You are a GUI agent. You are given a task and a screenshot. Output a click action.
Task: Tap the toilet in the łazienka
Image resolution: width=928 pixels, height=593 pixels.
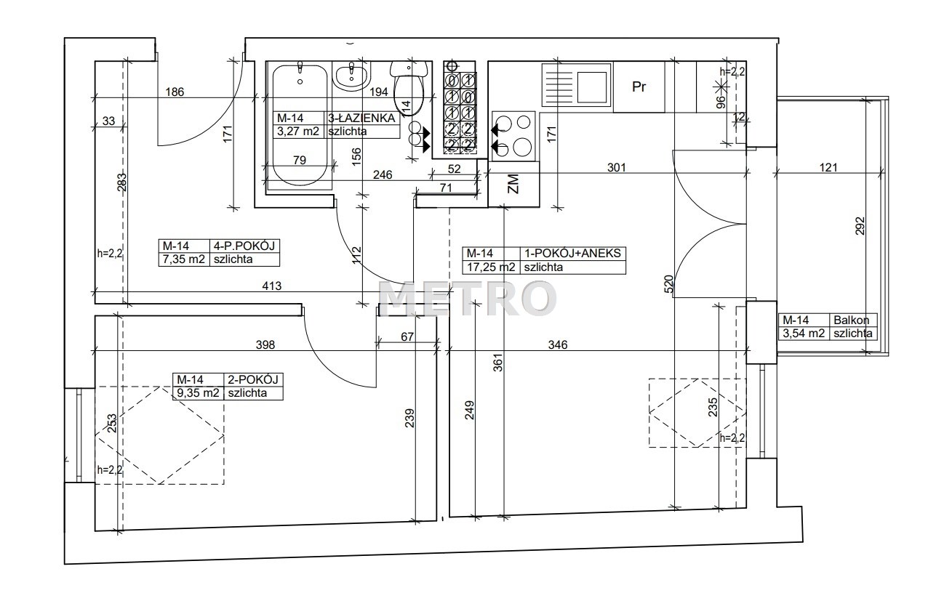[409, 87]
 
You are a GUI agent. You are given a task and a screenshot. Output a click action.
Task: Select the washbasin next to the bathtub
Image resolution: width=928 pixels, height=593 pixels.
[351, 76]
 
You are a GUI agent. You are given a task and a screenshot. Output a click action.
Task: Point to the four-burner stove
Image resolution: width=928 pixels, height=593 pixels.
[513, 136]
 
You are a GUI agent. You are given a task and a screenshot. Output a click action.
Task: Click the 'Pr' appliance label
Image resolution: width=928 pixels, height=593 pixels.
[639, 86]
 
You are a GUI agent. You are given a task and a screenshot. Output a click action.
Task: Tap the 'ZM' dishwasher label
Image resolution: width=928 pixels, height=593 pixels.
[513, 184]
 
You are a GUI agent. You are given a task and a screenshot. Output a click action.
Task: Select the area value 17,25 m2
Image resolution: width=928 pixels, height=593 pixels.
[492, 267]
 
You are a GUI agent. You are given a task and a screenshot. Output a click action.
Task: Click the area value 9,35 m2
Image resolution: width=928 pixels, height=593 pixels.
[198, 392]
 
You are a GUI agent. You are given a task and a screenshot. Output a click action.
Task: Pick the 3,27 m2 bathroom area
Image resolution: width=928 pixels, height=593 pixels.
[298, 132]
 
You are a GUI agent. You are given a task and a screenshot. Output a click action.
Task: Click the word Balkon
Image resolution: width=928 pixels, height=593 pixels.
[852, 320]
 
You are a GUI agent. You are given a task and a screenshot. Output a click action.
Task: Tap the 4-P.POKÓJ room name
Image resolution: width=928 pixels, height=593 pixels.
[244, 246]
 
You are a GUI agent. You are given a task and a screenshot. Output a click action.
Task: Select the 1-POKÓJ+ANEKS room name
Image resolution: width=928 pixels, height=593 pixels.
[572, 253]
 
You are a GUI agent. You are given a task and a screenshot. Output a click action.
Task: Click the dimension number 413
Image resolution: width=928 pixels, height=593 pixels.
[272, 286]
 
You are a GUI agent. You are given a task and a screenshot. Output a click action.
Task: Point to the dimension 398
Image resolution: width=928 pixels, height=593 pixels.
[265, 344]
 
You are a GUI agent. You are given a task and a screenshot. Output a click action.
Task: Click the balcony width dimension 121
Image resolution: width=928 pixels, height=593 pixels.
[828, 167]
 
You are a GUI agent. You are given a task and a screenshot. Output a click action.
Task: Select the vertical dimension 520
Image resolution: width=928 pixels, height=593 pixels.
[668, 284]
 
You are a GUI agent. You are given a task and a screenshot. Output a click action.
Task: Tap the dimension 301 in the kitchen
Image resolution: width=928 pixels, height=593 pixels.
[616, 167]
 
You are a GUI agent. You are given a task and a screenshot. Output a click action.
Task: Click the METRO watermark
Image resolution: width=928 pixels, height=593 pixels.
[468, 298]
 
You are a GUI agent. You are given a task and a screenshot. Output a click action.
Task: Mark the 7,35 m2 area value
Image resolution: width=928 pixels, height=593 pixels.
[184, 259]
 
